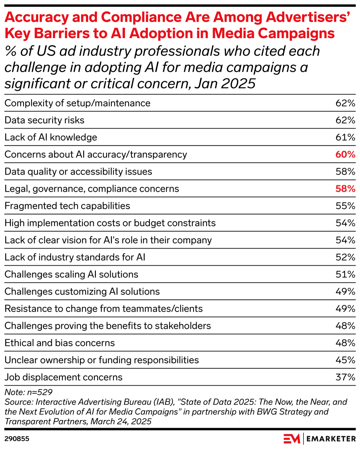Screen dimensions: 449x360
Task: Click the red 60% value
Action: point(345,154)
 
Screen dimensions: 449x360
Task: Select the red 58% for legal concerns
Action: point(345,189)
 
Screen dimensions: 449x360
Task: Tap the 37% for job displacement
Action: point(345,377)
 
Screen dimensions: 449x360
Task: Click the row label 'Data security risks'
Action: point(44,120)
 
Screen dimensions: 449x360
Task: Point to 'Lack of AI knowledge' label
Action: point(51,137)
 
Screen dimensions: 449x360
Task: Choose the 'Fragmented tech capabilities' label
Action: point(67,206)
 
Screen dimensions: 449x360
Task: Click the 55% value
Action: point(345,206)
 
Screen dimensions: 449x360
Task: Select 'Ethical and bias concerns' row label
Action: point(60,343)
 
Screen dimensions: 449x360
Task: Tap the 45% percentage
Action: point(345,360)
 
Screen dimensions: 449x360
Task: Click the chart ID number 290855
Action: point(17,438)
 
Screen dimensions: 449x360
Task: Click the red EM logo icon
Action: point(292,438)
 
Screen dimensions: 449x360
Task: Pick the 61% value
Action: point(345,137)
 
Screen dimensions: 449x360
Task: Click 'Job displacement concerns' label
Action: point(63,377)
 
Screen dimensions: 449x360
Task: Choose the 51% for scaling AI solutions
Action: point(345,274)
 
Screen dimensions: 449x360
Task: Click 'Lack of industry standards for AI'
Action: point(75,257)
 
